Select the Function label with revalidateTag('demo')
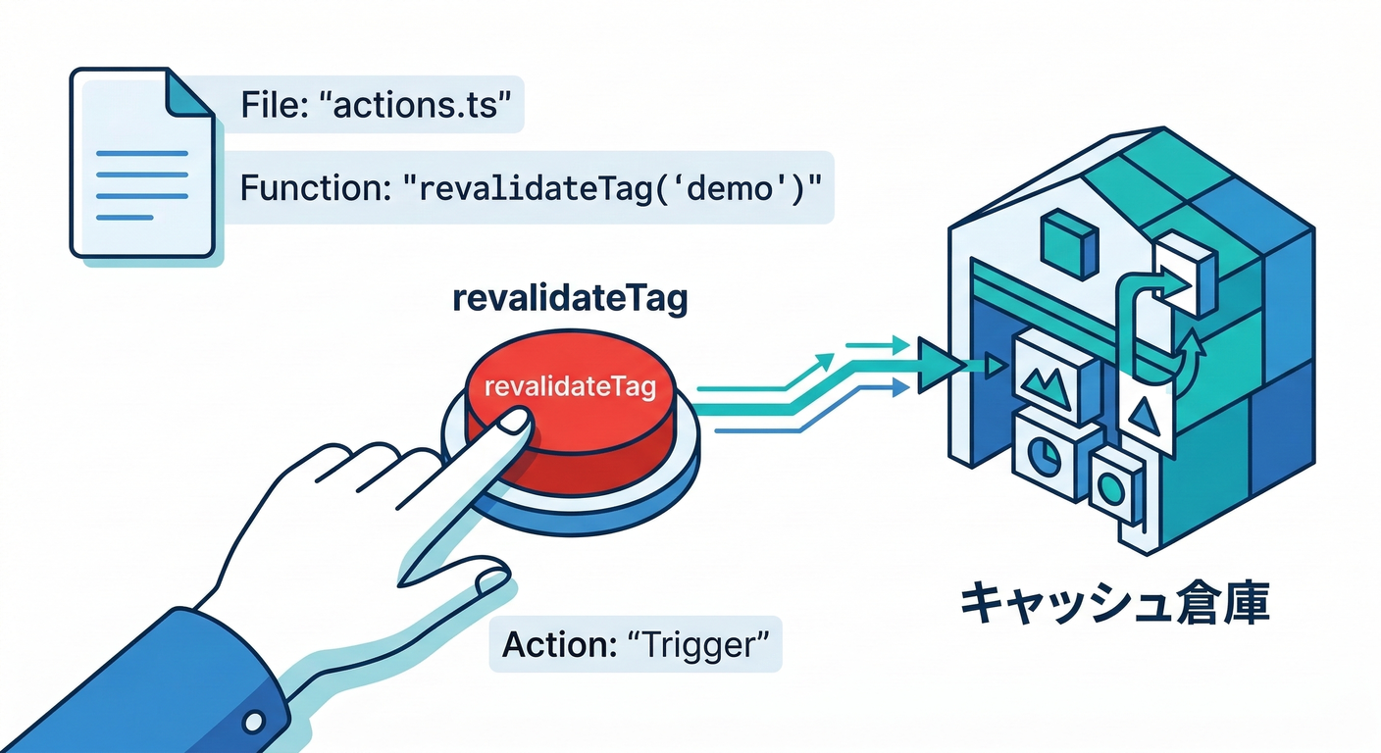(x=530, y=187)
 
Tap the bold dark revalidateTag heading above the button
(x=570, y=300)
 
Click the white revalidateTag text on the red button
(x=570, y=388)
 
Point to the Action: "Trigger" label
(x=635, y=644)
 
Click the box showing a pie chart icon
(x=1045, y=457)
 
